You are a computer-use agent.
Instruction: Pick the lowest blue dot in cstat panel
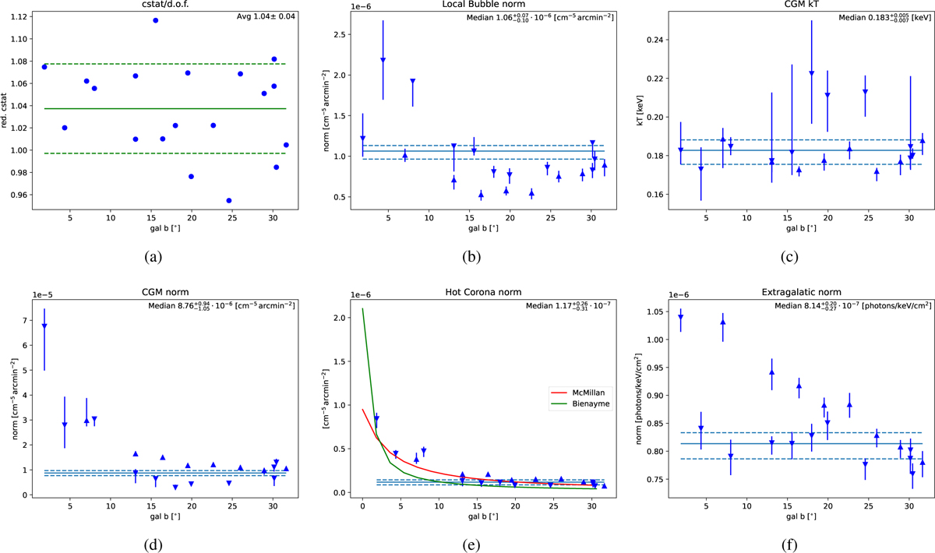tap(228, 200)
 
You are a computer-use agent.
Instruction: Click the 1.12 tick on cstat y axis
tap(23, 16)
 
